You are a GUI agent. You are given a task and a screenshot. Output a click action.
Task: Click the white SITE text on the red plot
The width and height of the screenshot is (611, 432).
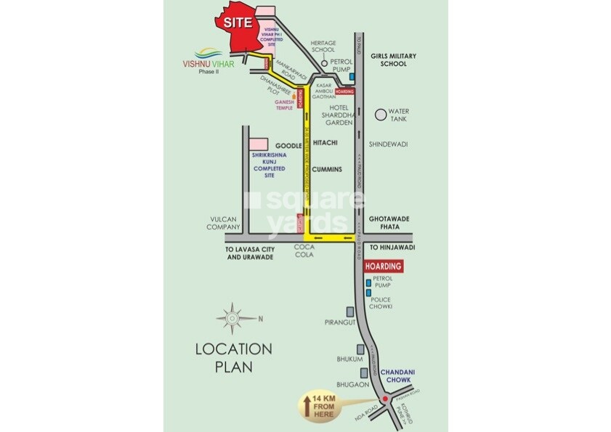click(238, 23)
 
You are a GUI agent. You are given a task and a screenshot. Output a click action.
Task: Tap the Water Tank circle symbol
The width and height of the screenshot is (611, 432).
click(380, 115)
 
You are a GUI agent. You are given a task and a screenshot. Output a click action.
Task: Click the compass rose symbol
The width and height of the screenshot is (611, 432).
click(230, 317)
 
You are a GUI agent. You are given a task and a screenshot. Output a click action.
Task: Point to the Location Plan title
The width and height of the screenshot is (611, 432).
click(233, 357)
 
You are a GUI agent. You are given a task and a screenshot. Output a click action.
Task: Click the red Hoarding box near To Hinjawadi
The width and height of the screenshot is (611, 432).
click(383, 267)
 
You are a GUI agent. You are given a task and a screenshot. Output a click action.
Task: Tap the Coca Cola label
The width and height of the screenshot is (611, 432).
click(303, 252)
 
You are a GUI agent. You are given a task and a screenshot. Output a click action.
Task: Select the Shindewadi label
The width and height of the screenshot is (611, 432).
click(388, 144)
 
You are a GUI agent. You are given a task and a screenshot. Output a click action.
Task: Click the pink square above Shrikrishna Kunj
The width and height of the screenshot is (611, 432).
click(259, 144)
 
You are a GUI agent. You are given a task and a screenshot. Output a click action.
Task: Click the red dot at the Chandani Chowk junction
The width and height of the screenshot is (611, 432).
click(384, 398)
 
